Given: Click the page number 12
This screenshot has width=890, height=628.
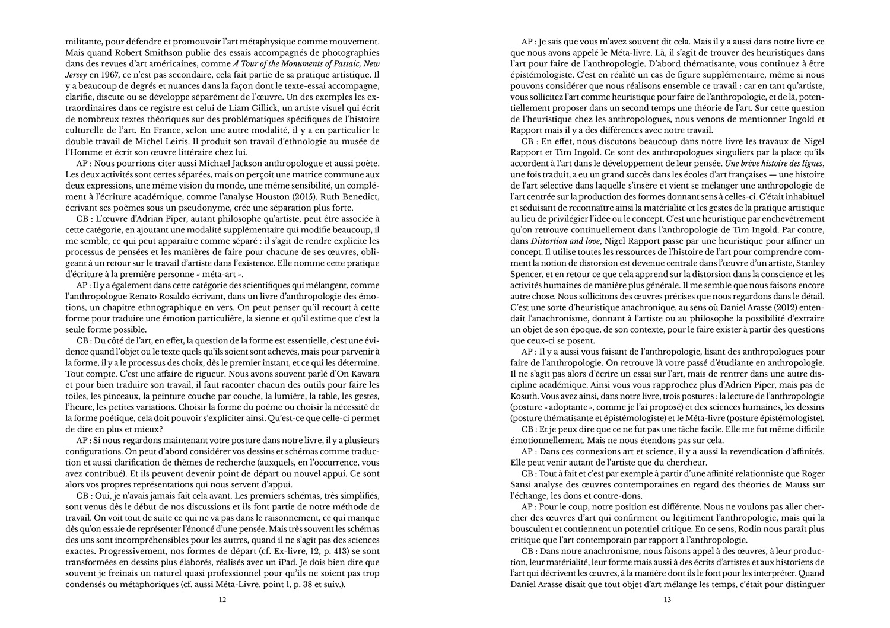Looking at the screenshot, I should click(223, 600).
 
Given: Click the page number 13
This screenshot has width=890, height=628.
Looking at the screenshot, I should click(667, 600).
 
